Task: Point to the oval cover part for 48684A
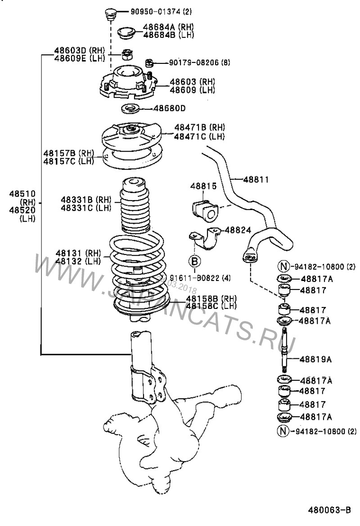coord(126,32)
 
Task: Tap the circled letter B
coord(194,260)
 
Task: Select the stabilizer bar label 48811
coord(256,179)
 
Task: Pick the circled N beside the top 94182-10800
coord(282,267)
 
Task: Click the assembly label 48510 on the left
coord(20,194)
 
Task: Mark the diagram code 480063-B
coord(329,511)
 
